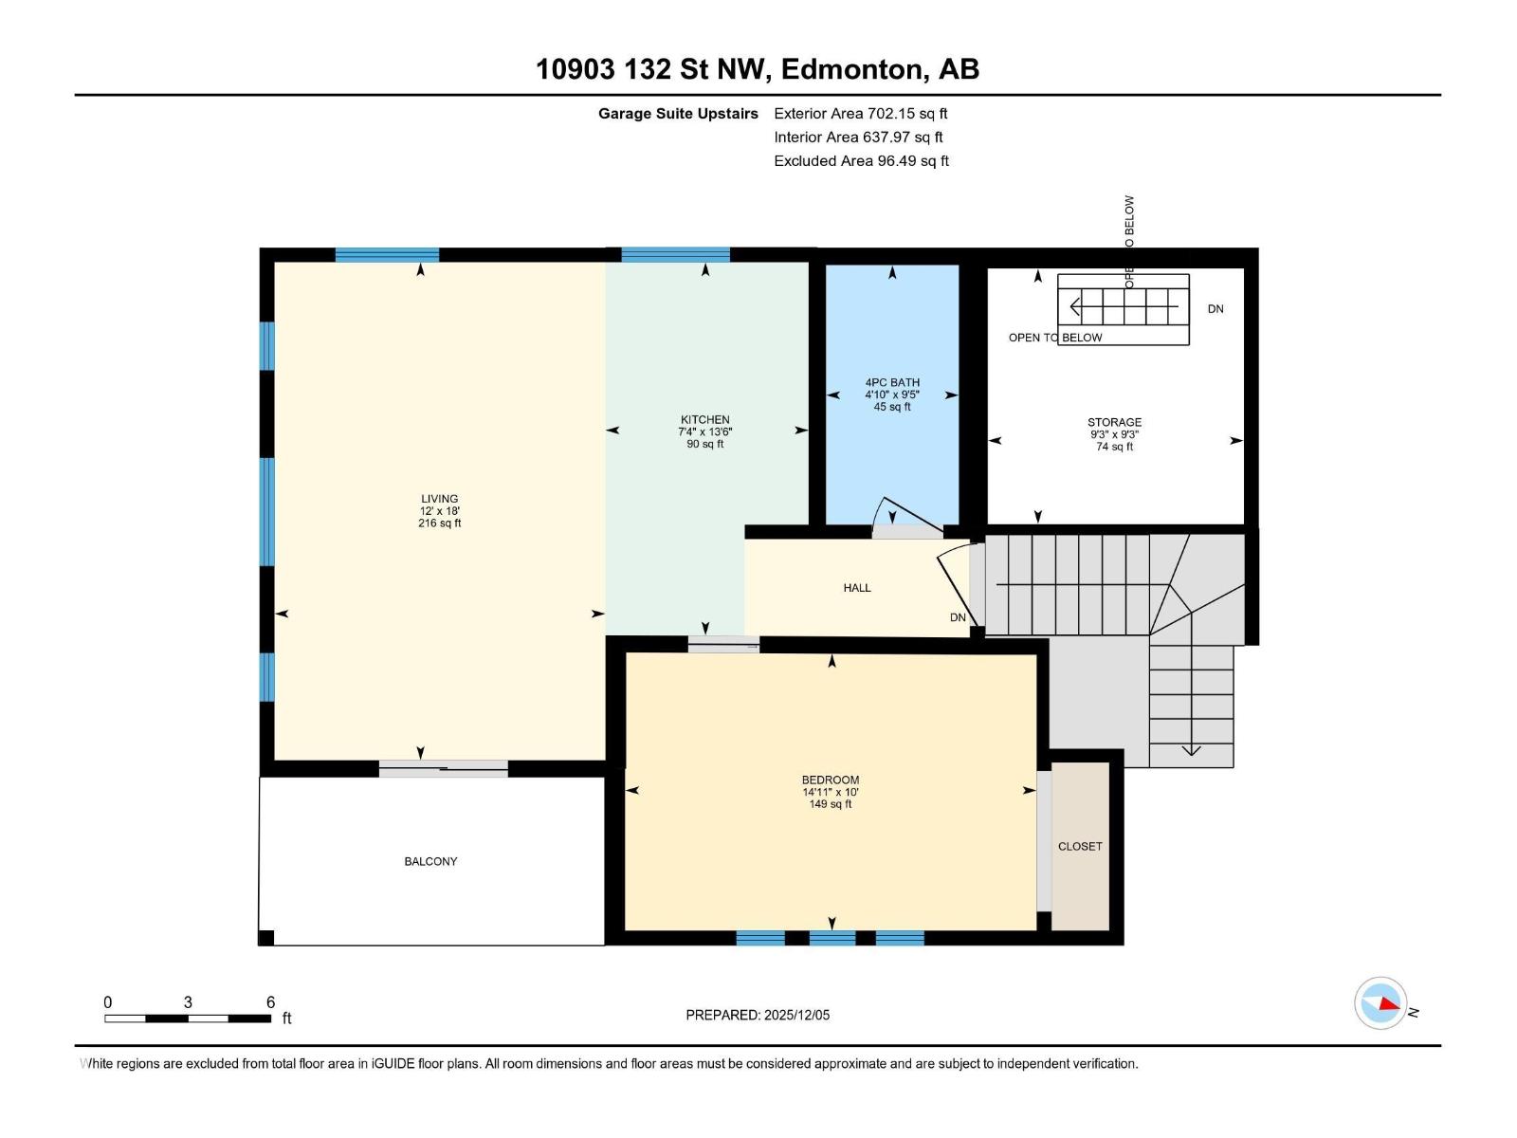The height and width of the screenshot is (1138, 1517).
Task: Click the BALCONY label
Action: point(430,861)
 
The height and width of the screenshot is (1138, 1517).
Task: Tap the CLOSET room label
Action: point(1080,846)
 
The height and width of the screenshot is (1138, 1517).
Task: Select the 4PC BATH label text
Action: point(892,382)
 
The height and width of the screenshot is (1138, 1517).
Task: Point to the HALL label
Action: point(857,588)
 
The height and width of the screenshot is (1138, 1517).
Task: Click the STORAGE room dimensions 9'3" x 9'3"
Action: point(1114,434)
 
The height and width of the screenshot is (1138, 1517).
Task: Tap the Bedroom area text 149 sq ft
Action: point(831,804)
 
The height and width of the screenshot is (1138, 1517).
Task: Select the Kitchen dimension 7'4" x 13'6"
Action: point(705,431)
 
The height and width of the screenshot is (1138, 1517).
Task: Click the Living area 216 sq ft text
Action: point(439,523)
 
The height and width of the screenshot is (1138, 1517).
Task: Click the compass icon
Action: point(1380,1002)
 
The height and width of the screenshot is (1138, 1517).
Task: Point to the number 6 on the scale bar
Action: point(270,1001)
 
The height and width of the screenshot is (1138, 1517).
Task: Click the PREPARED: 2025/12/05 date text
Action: point(758,1015)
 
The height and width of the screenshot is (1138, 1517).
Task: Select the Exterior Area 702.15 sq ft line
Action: point(861,113)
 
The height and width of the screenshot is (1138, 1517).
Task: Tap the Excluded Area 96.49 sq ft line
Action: point(861,160)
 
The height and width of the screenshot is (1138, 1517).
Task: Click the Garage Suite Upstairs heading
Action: point(678,113)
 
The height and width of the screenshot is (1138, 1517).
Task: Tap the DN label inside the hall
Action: point(958,617)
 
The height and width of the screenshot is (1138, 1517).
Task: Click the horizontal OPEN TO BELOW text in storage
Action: point(1055,338)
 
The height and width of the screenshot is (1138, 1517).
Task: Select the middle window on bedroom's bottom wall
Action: point(832,938)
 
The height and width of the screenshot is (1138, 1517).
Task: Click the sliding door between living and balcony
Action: point(444,768)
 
